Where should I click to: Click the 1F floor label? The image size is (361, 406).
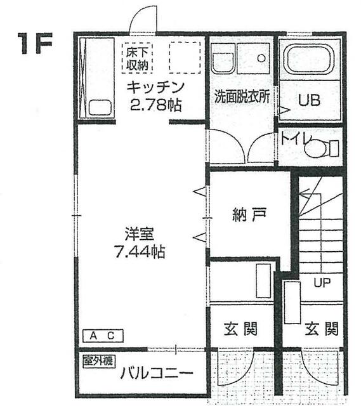point(35,43)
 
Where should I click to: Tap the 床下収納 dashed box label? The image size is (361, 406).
point(137,58)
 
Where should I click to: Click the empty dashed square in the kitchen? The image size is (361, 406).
point(185,58)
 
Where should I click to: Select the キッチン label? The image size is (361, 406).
point(155,88)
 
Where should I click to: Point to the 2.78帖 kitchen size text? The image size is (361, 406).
point(155,105)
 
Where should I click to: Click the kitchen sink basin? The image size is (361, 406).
point(100,108)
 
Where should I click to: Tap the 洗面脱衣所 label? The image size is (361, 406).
point(242,96)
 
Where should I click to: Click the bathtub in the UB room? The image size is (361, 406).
point(309,59)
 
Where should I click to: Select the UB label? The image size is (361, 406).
point(309,100)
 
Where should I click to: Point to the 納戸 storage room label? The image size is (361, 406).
point(249,215)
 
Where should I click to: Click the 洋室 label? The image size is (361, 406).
point(140,233)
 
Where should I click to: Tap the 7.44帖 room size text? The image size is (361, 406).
point(140,251)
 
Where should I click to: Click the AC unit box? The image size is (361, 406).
point(103,336)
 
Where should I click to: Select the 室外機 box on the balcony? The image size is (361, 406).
point(99,361)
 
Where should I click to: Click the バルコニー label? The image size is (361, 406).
point(157,373)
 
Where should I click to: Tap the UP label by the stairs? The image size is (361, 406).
point(322,283)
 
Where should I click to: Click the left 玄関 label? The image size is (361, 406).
point(240,329)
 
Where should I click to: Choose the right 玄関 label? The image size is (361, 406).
point(322,329)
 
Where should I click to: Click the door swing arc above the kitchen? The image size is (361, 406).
point(137,13)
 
